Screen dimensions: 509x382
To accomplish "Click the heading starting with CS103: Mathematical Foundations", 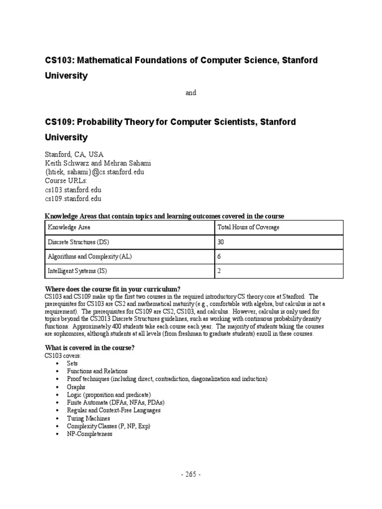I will [x=181, y=60].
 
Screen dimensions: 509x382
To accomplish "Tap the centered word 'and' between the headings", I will [x=191, y=93].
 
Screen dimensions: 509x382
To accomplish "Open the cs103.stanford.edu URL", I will [x=73, y=190].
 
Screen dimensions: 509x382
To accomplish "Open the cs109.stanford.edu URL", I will [x=73, y=199].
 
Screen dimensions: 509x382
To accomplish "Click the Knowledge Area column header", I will [x=69, y=227].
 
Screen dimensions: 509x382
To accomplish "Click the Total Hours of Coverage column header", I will [x=248, y=227].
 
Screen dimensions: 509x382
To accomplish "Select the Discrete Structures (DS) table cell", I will [x=78, y=242].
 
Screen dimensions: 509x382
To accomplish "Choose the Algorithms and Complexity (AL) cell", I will [x=90, y=256].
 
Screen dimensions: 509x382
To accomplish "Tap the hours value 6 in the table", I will [x=219, y=256].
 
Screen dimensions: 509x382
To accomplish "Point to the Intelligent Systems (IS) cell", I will [x=77, y=271].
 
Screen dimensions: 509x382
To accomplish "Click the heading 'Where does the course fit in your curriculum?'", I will [x=112, y=289].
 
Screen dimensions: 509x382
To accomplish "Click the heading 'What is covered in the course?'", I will [x=90, y=348].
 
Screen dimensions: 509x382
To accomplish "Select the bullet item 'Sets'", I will [x=73, y=363].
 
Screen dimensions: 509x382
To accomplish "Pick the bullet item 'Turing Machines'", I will [x=89, y=419].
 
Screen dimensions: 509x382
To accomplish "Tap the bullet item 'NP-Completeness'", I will [x=90, y=434].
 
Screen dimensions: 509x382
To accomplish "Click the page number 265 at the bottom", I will [x=191, y=474].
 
